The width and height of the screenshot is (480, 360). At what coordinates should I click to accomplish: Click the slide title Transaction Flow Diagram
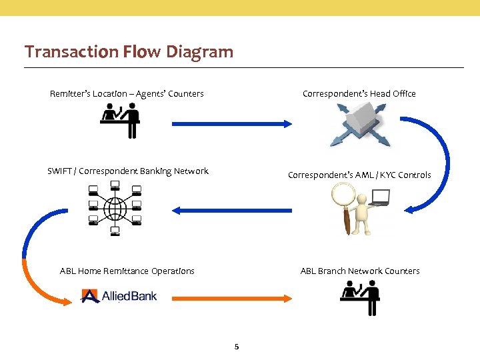pos(129,51)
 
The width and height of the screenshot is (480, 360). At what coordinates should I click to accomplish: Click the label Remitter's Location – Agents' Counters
pos(127,93)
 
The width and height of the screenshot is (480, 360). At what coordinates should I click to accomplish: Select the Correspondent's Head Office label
pos(359,93)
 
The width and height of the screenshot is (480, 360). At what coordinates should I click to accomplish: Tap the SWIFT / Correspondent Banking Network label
pos(128,171)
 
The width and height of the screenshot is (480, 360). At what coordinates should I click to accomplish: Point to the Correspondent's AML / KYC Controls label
pos(359,175)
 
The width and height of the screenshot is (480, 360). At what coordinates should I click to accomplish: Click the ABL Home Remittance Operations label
pos(127,271)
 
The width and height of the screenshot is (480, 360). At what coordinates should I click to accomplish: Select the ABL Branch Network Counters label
pos(360,271)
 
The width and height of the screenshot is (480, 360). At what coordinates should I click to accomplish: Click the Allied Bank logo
pos(119,295)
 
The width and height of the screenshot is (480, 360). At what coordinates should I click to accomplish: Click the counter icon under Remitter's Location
pos(121,121)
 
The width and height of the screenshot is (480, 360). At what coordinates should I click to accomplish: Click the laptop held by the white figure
pos(380,197)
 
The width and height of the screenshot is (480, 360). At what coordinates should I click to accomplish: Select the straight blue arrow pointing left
pos(232,210)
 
